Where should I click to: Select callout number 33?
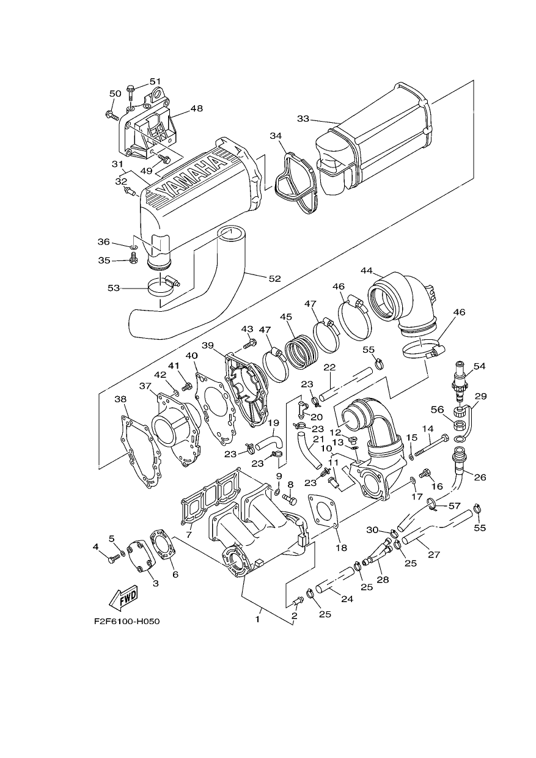coord(303,119)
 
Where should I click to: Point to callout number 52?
coord(275,279)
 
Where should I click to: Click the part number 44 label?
coord(367,270)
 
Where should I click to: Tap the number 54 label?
coord(480,366)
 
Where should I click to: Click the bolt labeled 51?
coord(131,93)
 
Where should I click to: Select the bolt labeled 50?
coord(112,116)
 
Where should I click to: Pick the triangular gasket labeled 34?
coord(295,184)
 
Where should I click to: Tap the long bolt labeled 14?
coord(431,446)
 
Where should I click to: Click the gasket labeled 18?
coord(324,513)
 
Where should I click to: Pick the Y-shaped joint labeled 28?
coord(378,554)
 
